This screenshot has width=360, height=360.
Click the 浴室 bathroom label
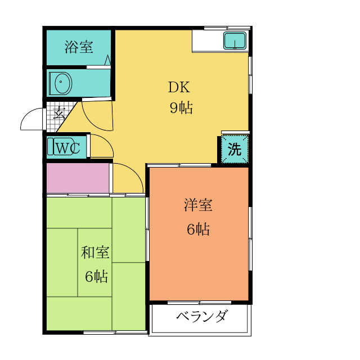(78, 47)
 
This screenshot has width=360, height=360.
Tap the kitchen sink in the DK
(235, 41)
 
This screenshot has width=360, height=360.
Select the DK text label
(179, 88)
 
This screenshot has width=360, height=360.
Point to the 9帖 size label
(181, 107)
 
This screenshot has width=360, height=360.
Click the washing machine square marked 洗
(234, 150)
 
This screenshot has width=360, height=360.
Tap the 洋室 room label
(197, 205)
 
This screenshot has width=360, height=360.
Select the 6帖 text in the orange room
(198, 229)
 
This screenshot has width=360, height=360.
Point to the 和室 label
(95, 253)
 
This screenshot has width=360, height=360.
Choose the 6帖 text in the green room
(96, 276)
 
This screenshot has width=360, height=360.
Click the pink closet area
(78, 178)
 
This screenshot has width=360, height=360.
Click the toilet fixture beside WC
(51, 147)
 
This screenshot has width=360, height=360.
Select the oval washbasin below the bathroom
(60, 84)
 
